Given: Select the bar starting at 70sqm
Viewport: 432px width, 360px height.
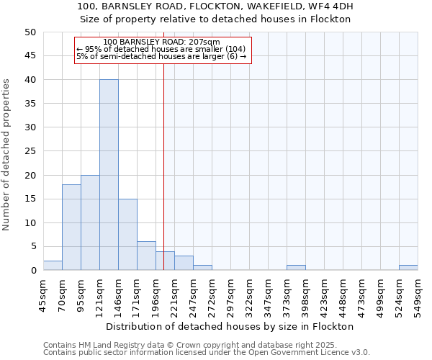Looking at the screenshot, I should [x=71, y=228].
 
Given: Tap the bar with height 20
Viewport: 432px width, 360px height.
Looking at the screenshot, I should [x=90, y=222].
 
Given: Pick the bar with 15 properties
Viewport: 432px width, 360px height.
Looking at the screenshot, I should [x=127, y=235].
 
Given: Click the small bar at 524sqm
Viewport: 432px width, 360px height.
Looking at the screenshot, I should [x=408, y=268].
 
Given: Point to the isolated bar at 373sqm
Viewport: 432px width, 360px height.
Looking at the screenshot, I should [x=296, y=268].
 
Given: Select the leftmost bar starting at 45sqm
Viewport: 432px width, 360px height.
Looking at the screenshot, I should [x=53, y=266].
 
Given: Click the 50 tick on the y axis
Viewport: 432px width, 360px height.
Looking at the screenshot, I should [x=30, y=32].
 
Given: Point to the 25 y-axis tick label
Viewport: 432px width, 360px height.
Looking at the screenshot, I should [x=30, y=151].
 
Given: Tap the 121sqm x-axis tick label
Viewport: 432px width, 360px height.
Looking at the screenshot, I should [x=99, y=295].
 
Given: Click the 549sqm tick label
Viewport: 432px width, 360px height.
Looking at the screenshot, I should [x=418, y=295].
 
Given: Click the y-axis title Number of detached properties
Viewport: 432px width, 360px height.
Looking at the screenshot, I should [x=7, y=155].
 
